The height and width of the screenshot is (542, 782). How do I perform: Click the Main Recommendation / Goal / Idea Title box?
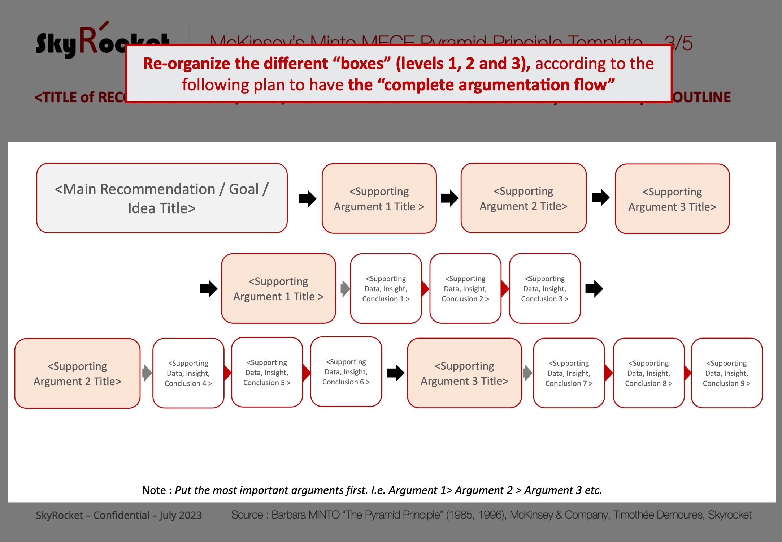pyautogui.click(x=162, y=198)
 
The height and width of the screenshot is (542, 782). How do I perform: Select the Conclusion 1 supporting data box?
pyautogui.click(x=386, y=288)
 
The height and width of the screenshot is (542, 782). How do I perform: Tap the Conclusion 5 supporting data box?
pyautogui.click(x=267, y=372)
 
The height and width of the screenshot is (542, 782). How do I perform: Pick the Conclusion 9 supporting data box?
pyautogui.click(x=726, y=373)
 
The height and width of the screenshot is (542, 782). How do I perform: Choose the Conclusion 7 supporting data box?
pyautogui.click(x=569, y=373)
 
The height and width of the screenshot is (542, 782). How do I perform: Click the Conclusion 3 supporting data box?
pyautogui.click(x=544, y=288)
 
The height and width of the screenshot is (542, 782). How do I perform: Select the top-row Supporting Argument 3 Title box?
pyautogui.click(x=672, y=199)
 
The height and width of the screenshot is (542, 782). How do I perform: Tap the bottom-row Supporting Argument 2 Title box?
pyautogui.click(x=77, y=373)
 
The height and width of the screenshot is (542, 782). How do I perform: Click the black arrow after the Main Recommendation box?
pyautogui.click(x=307, y=198)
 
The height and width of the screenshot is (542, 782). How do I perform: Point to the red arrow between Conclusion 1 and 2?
pyautogui.click(x=425, y=288)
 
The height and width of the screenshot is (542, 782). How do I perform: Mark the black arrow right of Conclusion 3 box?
pyautogui.click(x=594, y=289)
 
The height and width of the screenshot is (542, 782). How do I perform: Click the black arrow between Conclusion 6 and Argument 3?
pyautogui.click(x=395, y=373)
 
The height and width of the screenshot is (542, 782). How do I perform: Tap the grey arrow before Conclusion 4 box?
pyautogui.click(x=147, y=373)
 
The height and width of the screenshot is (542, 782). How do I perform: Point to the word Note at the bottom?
pyautogui.click(x=154, y=490)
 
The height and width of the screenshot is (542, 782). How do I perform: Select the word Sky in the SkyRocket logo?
pyautogui.click(x=56, y=45)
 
